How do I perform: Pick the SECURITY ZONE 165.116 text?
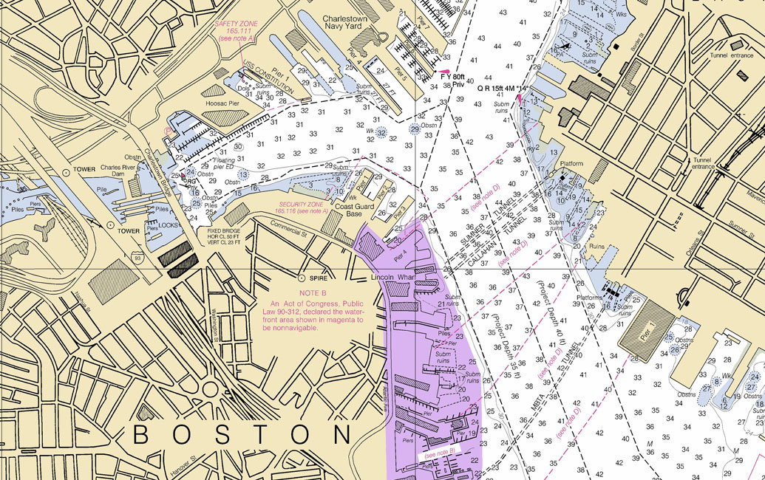(x=303, y=208)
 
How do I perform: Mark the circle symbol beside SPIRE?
(x=302, y=278)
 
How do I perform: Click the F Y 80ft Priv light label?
(x=452, y=80)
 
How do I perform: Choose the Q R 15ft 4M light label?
(x=501, y=88)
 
